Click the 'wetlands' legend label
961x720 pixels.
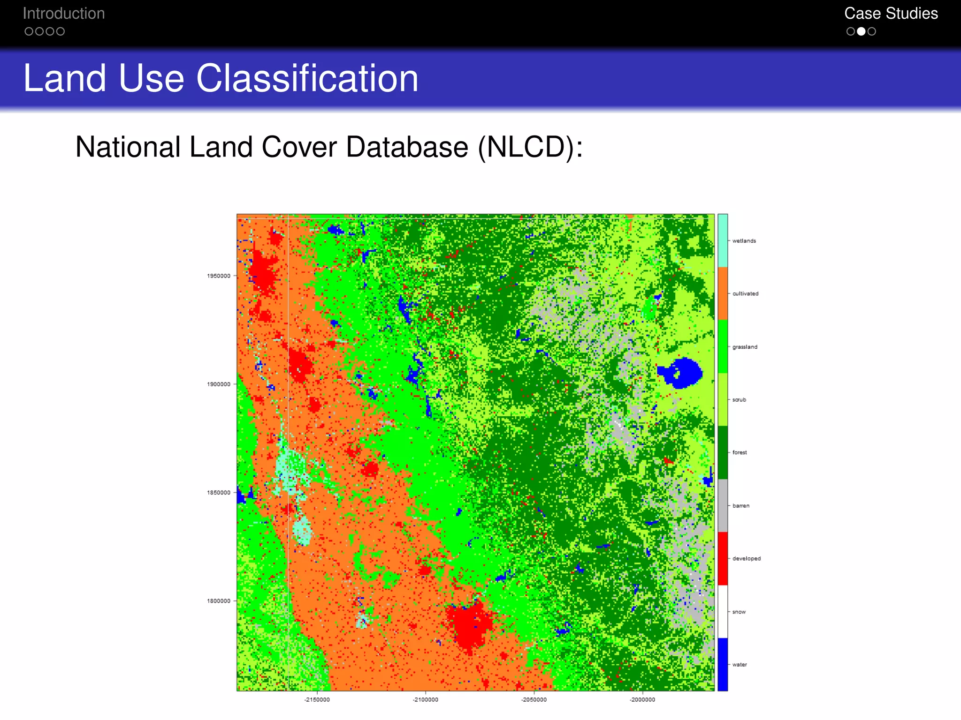tap(744, 241)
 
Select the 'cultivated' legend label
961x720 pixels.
tap(745, 294)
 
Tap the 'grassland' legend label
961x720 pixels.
tap(745, 347)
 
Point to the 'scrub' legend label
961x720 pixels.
tap(739, 400)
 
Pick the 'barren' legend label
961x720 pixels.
tap(741, 506)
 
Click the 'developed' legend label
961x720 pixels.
tap(747, 559)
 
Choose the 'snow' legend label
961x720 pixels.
tap(739, 612)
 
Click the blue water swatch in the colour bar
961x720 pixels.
tap(723, 664)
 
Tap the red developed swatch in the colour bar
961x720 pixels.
tap(723, 558)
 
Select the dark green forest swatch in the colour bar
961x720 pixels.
tap(723, 452)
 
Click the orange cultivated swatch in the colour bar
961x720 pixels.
tap(723, 293)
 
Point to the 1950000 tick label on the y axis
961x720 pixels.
tap(219, 276)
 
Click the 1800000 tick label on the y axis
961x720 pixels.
tap(219, 601)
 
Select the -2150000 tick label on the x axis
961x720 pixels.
tap(317, 700)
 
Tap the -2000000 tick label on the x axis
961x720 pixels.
tap(642, 700)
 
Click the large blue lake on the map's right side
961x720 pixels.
tap(683, 373)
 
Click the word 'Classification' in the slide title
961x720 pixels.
tap(307, 78)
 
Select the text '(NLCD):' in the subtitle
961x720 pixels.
tap(530, 147)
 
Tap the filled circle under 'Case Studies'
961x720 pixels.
tap(861, 31)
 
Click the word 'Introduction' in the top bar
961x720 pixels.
tap(64, 14)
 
